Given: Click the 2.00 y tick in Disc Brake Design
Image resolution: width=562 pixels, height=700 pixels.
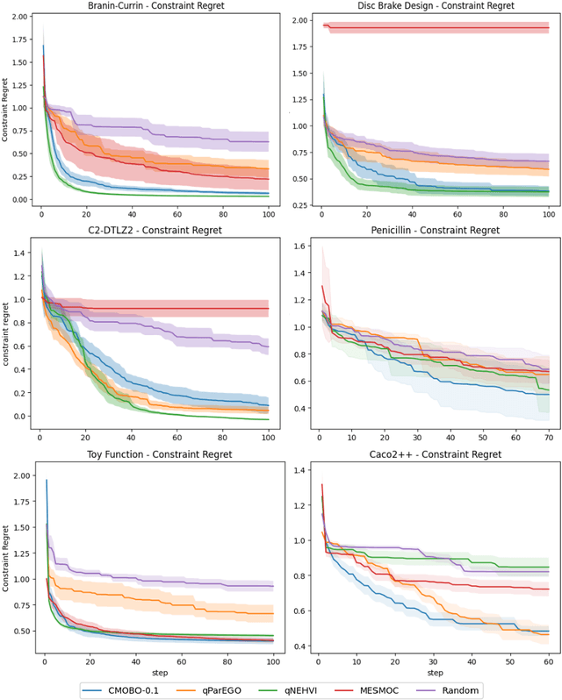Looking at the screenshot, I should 300,20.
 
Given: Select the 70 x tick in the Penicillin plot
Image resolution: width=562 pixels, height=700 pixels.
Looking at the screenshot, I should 548,437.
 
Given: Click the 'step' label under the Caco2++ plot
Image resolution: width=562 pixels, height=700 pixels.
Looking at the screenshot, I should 434,673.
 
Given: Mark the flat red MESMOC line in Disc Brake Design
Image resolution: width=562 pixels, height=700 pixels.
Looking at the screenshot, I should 439,29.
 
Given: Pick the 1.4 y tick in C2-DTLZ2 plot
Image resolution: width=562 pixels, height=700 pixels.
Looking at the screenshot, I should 22,252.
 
